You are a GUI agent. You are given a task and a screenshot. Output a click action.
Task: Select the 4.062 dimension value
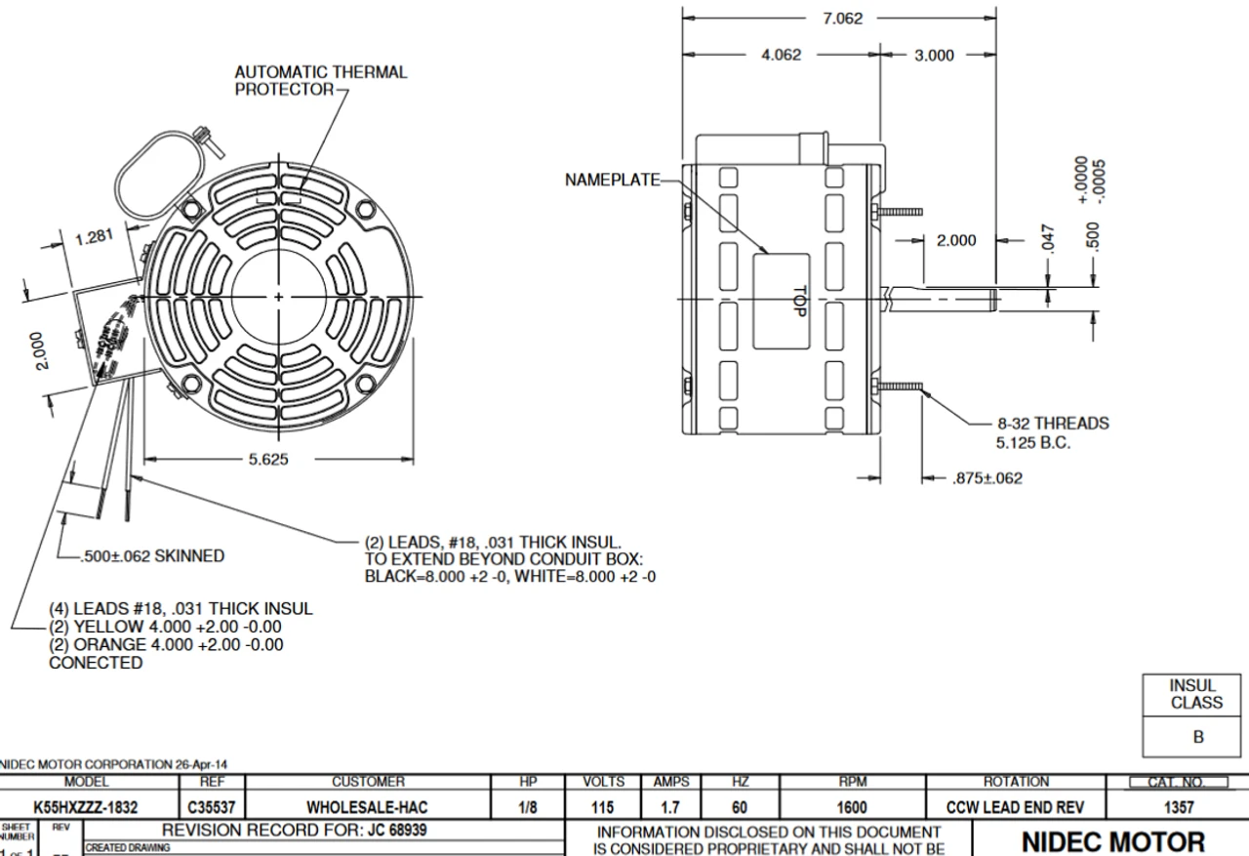[x=781, y=56]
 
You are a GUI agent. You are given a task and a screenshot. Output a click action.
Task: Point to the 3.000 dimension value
[x=933, y=56]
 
